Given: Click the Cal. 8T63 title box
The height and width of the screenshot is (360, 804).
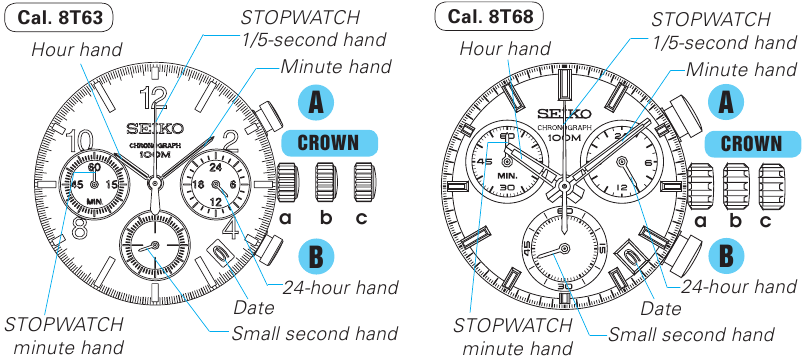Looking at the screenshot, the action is coord(59,16).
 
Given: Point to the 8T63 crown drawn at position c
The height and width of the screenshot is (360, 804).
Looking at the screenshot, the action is coord(364,183).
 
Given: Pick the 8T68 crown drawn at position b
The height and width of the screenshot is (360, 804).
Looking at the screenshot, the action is coord(735,186).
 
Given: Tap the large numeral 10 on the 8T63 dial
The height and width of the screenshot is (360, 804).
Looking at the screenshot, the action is coord(85,141).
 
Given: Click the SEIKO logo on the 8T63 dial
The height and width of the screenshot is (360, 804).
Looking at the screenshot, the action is coord(155,128).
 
